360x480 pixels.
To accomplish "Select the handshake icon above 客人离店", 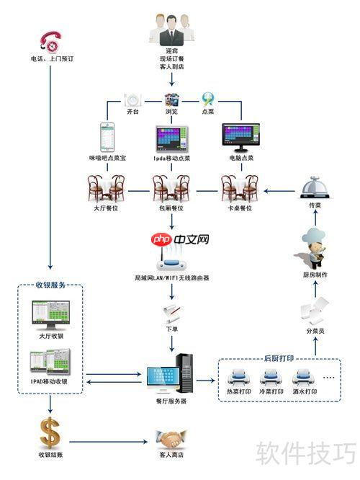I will pyautogui.click(x=171, y=437).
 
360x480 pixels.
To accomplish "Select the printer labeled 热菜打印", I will pyautogui.click(x=239, y=376).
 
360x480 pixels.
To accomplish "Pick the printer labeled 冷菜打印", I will pyautogui.click(x=272, y=376).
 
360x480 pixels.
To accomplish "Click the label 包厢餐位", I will pyautogui.click(x=171, y=208).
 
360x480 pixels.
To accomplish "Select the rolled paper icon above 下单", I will pyautogui.click(x=171, y=311).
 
